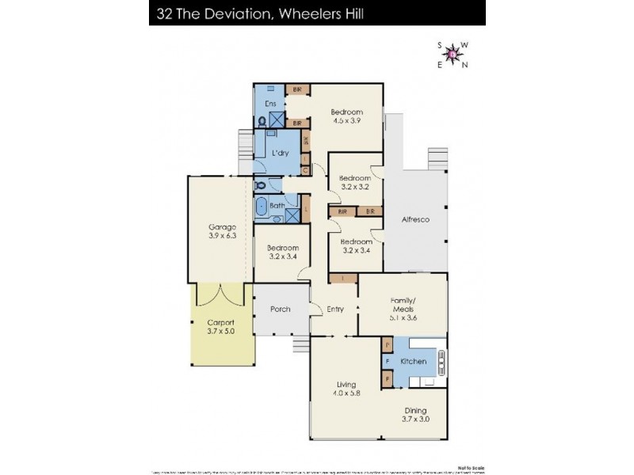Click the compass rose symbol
point(453,55)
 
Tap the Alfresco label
point(415,219)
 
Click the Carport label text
point(221,327)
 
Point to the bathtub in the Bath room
point(262,207)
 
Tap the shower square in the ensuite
point(277,120)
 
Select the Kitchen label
point(413,362)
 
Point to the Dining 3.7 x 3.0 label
point(415,414)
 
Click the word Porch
point(280,309)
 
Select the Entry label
point(334,309)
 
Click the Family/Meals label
point(404,306)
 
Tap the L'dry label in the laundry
point(279,153)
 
